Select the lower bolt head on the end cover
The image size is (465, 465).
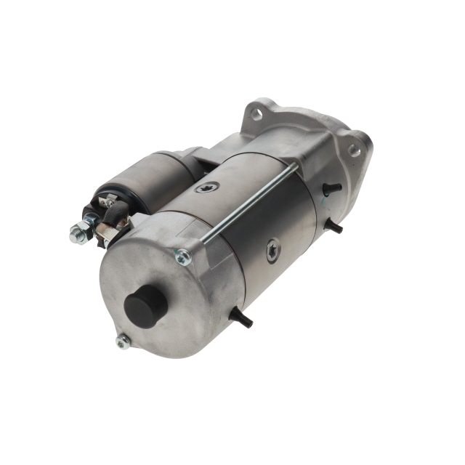(123, 341)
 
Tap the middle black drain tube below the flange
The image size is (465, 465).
(335, 227)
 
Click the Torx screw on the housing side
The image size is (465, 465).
(272, 249)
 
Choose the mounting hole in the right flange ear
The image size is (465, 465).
(354, 150)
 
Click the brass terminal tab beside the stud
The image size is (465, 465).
(106, 231)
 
